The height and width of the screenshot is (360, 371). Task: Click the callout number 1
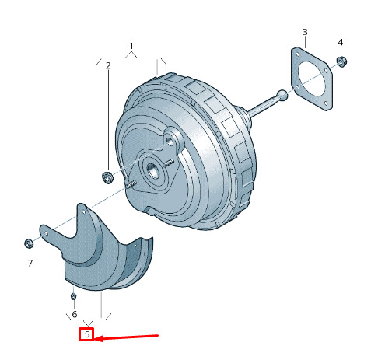(131, 46)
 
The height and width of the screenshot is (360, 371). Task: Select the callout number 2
(108, 65)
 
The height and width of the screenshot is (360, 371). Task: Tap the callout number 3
(305, 32)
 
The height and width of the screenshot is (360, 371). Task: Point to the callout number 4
(341, 42)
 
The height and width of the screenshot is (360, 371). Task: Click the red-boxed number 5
(87, 334)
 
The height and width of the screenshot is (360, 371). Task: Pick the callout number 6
(75, 314)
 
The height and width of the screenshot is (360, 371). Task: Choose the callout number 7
(30, 263)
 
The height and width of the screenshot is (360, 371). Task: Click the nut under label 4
(341, 61)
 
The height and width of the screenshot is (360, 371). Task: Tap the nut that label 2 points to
(107, 177)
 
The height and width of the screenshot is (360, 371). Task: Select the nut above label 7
(29, 243)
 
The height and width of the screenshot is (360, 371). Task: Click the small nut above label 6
(73, 296)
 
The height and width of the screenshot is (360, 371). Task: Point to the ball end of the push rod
(282, 96)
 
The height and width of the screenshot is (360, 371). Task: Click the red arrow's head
(99, 338)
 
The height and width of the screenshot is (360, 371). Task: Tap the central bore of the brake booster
(152, 170)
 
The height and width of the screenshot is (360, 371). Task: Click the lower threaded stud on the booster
(131, 185)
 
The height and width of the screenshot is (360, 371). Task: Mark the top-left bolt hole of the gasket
(296, 54)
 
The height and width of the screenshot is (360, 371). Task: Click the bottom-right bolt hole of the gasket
(326, 104)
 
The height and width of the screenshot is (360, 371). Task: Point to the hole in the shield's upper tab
(83, 212)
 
